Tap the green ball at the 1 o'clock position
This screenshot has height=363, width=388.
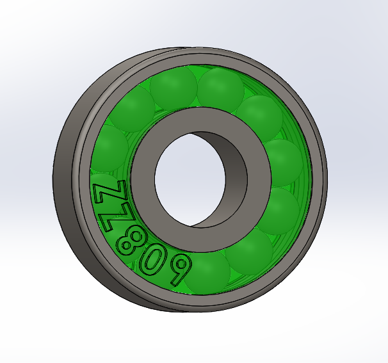click(220, 89)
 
